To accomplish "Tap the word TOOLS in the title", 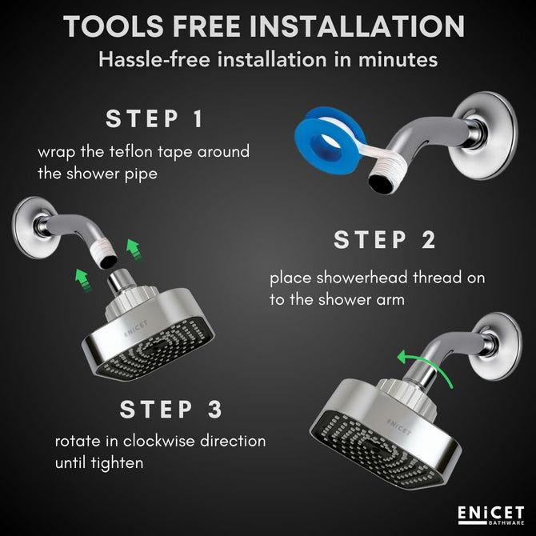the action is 114,26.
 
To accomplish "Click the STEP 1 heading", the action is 154,118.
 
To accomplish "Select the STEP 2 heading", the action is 385,240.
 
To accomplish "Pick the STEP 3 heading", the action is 171,409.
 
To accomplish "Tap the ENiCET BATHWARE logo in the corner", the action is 491,515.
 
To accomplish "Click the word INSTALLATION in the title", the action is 358,26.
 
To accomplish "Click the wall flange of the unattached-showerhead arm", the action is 33,227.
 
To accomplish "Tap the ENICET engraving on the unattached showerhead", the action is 136,328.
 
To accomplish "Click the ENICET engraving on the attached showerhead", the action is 398,426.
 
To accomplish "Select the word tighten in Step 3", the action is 118,463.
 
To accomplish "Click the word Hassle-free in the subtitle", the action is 154,59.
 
